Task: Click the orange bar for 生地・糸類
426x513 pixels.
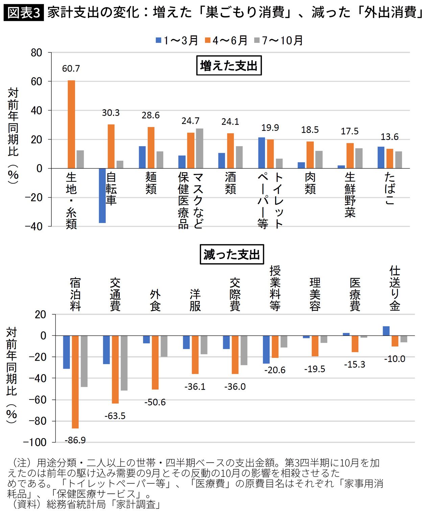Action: click(x=71, y=124)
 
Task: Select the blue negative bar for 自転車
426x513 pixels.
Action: click(x=102, y=195)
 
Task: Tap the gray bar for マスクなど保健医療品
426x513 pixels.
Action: click(x=199, y=148)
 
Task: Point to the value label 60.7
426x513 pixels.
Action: click(x=71, y=69)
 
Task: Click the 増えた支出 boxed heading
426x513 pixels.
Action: click(x=229, y=66)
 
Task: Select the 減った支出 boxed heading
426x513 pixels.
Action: click(x=232, y=254)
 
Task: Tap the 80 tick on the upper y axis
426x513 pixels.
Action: click(x=37, y=53)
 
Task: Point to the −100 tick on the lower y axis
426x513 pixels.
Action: click(x=34, y=442)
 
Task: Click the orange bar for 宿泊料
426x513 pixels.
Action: click(x=75, y=382)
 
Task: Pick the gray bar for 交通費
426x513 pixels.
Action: click(x=124, y=363)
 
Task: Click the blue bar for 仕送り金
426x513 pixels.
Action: click(x=386, y=331)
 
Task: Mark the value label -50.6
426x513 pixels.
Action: click(x=155, y=402)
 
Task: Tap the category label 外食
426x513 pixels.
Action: click(x=155, y=300)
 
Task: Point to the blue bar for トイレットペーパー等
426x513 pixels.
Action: click(x=261, y=153)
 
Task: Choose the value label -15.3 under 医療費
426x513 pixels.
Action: click(x=355, y=364)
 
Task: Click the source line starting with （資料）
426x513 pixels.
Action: click(x=85, y=505)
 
